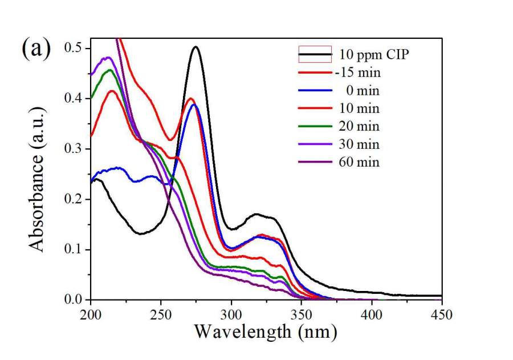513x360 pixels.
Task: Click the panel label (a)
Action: pyautogui.click(x=36, y=49)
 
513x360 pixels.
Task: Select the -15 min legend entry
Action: pyautogui.click(x=359, y=72)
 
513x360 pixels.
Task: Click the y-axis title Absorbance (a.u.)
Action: pyautogui.click(x=38, y=174)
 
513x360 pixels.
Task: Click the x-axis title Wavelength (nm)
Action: pyautogui.click(x=266, y=330)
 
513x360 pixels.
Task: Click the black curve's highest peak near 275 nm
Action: pyautogui.click(x=196, y=47)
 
